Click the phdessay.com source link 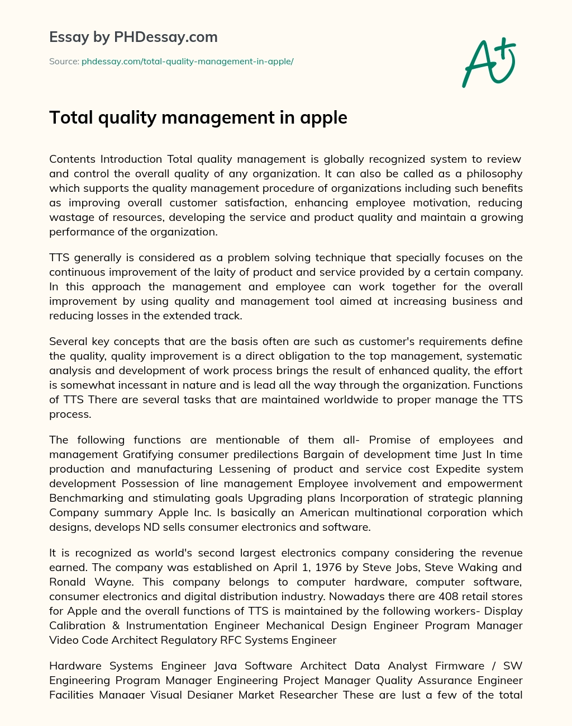(187, 62)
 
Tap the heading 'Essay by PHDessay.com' (134, 37)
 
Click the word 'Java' (226, 666)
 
